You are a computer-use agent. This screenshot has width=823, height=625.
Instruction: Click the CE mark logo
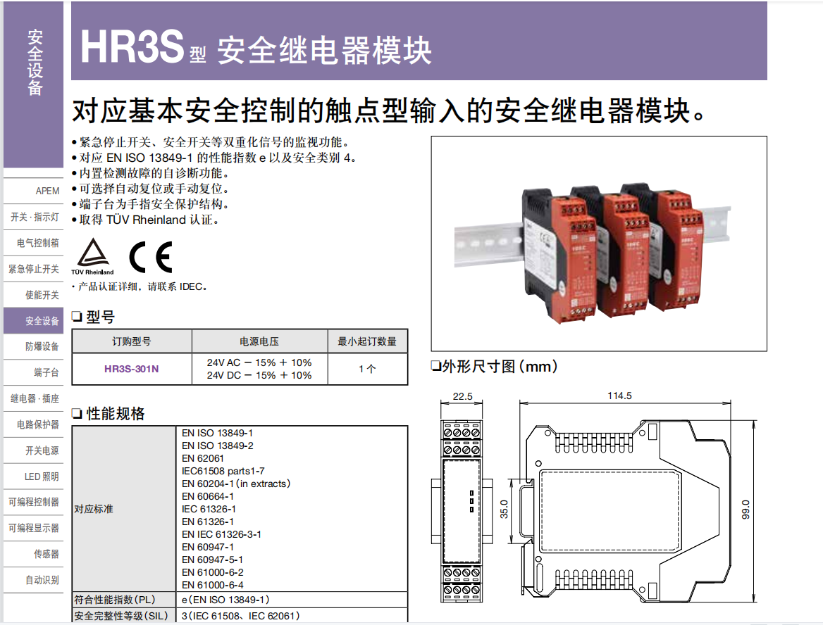[150, 258]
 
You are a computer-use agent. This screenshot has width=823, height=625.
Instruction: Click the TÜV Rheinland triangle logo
[92, 255]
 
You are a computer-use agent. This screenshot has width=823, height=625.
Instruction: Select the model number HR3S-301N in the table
[132, 369]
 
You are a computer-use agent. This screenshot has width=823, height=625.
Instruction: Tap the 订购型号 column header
[132, 341]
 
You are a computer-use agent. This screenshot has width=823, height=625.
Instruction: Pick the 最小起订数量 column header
[367, 341]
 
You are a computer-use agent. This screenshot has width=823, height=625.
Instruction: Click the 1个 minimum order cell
[367, 369]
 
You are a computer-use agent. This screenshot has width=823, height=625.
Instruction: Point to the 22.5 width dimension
[462, 396]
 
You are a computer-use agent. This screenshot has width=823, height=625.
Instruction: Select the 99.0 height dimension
[745, 509]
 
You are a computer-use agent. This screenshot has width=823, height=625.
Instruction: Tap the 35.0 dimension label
[504, 509]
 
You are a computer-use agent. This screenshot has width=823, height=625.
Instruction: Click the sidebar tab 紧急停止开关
[34, 269]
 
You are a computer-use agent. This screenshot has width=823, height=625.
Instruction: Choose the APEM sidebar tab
[47, 191]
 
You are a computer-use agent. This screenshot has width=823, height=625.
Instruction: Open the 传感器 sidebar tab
[47, 554]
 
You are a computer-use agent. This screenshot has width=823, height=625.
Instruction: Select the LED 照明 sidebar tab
[42, 476]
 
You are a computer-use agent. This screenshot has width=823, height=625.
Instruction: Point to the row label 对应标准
[94, 509]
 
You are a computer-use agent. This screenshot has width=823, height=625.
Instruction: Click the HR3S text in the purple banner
[132, 47]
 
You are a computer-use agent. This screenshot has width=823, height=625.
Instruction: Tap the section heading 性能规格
[116, 414]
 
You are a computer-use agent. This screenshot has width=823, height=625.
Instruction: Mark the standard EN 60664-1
[208, 496]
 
